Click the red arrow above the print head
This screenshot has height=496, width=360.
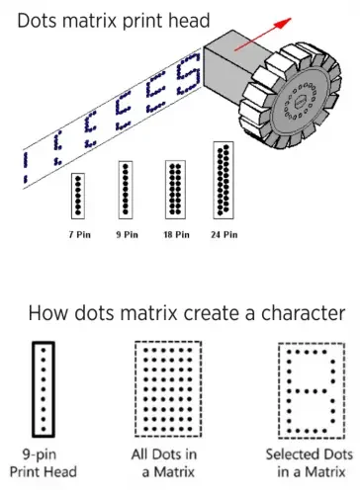tap(263, 35)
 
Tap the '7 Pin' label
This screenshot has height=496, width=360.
tap(80, 235)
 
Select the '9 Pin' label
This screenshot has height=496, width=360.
tap(127, 235)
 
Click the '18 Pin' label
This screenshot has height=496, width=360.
tap(177, 235)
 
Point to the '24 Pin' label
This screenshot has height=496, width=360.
tap(225, 235)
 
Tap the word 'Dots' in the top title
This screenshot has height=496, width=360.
tap(38, 21)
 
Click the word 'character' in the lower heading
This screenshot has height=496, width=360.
tap(304, 313)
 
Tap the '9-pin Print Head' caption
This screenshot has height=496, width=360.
tap(44, 463)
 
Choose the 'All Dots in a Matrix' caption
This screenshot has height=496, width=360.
tap(164, 463)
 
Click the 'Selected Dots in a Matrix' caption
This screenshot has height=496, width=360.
tap(310, 463)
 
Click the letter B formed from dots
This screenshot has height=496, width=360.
tap(289, 391)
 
